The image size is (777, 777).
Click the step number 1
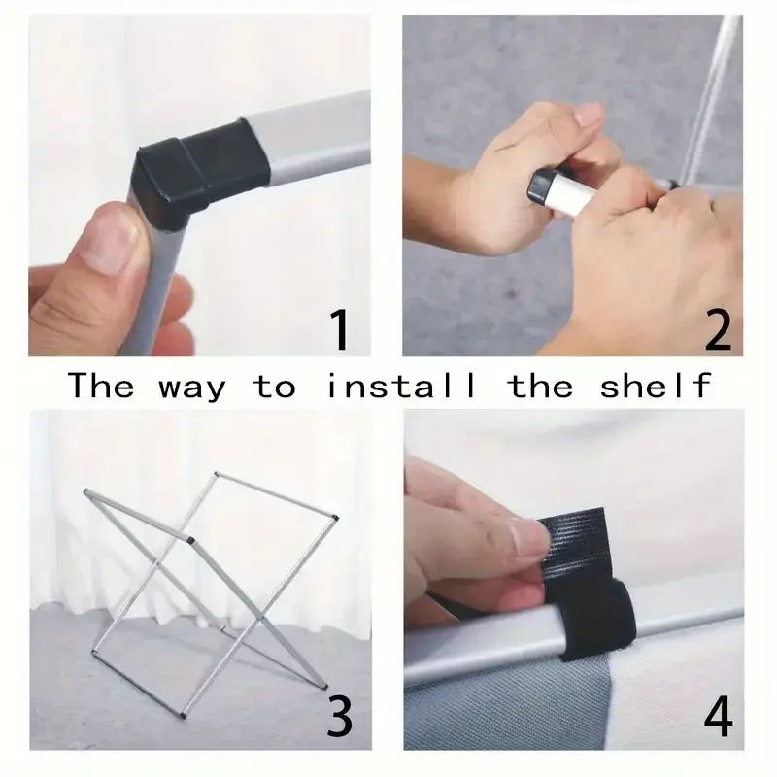(341, 329)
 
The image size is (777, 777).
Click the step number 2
(718, 329)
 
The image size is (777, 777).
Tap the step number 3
(340, 716)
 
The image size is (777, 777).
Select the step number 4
(718, 716)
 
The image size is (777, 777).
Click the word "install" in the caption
(401, 386)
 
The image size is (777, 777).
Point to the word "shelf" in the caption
(656, 386)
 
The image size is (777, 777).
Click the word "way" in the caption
(192, 388)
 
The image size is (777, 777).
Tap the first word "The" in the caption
(101, 386)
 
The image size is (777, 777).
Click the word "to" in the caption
(275, 387)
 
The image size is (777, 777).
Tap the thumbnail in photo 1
(112, 239)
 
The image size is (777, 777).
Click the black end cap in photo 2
(541, 186)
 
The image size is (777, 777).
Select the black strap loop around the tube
(598, 621)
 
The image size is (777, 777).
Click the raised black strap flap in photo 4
(575, 544)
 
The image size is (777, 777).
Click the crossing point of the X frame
(157, 563)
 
